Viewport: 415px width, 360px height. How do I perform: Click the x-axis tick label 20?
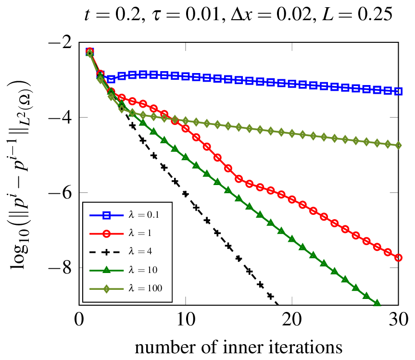tap(292, 319)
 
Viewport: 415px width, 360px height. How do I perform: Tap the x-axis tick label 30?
tap(399, 319)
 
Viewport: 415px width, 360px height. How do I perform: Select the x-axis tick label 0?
tap(79, 319)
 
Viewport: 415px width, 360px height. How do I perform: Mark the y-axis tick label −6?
tap(60, 193)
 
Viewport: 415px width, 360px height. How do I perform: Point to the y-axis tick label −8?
tap(60, 268)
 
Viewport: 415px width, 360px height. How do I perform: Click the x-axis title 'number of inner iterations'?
tap(239, 347)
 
